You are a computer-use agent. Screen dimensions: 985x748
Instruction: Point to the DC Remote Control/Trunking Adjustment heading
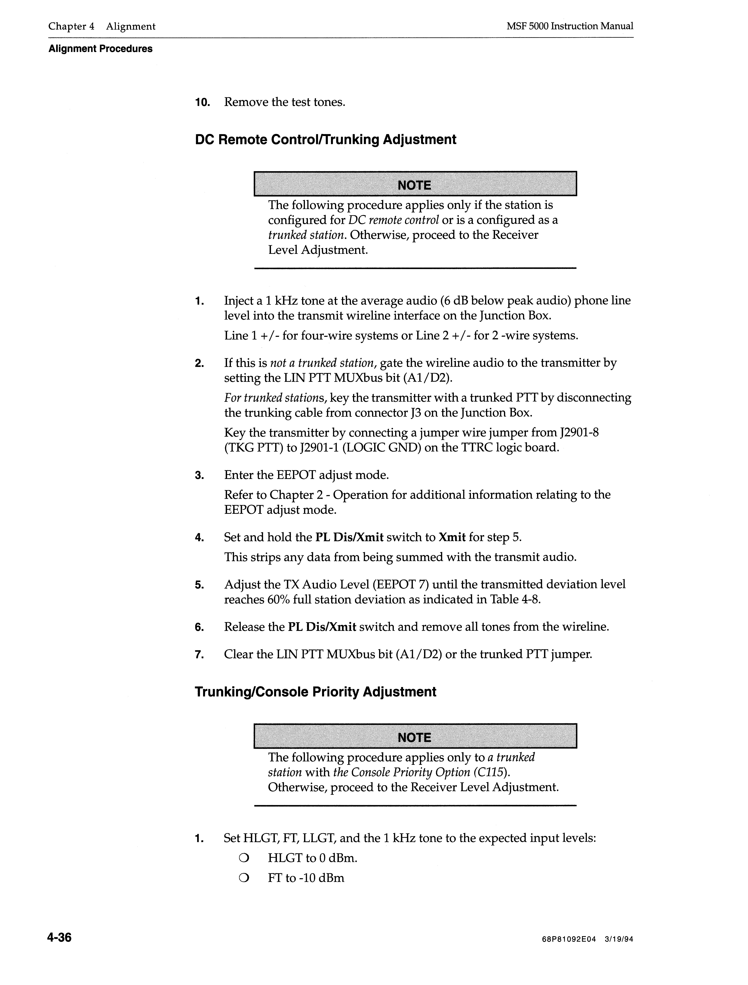click(x=325, y=140)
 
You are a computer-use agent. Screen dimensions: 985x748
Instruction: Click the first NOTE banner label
click(x=414, y=185)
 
